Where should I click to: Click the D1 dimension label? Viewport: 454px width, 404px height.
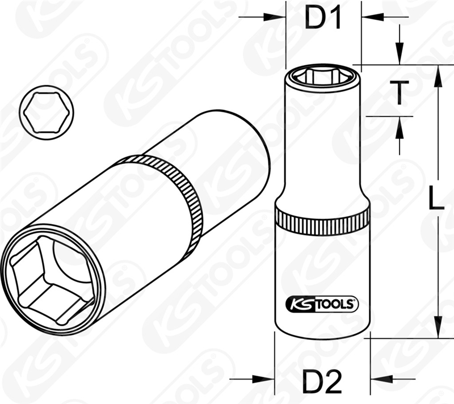tap(323, 18)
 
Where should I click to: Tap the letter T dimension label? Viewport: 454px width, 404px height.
tap(400, 92)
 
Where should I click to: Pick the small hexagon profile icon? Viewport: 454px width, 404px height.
tap(47, 112)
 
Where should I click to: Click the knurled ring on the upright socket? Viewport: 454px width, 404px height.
tap(322, 219)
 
